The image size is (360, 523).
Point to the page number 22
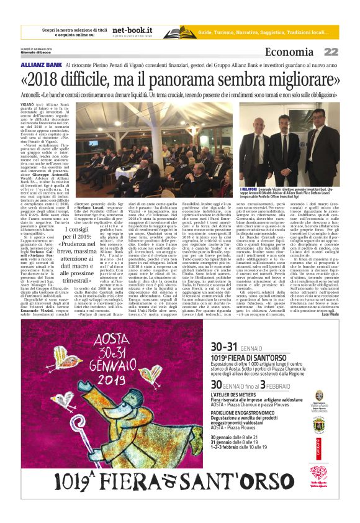331,52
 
